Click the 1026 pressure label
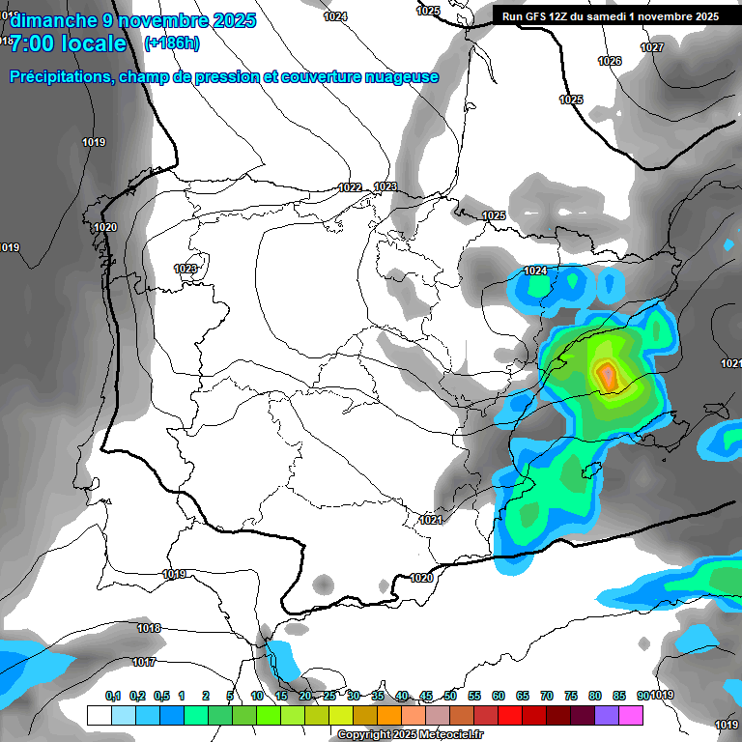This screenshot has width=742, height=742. pos(610,61)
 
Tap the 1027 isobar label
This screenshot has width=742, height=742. pos(652,47)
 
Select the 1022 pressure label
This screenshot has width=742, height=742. pos(350,187)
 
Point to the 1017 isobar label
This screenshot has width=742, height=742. pos(145,662)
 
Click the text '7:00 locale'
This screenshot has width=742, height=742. pos(68,43)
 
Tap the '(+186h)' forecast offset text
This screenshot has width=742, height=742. pos(171,43)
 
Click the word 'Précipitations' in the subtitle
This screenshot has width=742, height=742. pos(57,77)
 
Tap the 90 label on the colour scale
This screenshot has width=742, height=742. pos(642,696)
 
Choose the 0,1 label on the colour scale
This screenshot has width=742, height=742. pos(113,696)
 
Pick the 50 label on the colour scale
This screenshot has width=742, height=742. pos(450,696)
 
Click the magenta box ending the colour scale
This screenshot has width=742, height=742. pos(631,716)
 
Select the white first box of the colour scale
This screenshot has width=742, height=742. pos(99,716)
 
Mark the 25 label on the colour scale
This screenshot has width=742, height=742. pos(329,696)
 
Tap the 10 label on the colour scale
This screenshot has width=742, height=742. pos(257,696)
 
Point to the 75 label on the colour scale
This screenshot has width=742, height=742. pos(571,696)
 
